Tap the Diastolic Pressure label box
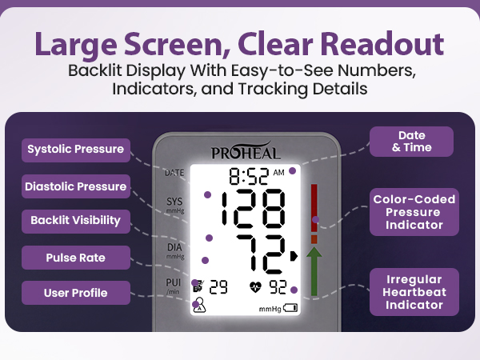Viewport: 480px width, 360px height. click(x=76, y=186)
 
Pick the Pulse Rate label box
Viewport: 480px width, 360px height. click(x=76, y=258)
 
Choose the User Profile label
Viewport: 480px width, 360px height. click(x=76, y=293)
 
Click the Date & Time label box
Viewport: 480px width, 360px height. click(x=411, y=142)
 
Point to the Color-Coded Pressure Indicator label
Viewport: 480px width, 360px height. click(x=414, y=212)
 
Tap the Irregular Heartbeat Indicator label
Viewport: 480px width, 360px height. click(x=414, y=292)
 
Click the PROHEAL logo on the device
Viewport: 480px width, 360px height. click(x=246, y=151)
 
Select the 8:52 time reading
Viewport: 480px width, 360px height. click(x=249, y=176)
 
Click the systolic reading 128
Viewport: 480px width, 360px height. click(x=252, y=209)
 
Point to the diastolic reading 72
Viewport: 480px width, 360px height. click(x=261, y=254)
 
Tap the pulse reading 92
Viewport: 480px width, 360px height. click(x=278, y=287)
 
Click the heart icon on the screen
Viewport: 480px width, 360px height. click(x=255, y=287)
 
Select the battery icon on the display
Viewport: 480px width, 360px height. click(x=290, y=308)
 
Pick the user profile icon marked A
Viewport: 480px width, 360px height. click(x=199, y=305)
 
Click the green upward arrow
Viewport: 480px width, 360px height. click(x=314, y=271)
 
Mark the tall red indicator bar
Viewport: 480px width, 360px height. click(x=314, y=208)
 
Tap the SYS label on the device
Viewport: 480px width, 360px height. click(x=174, y=202)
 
